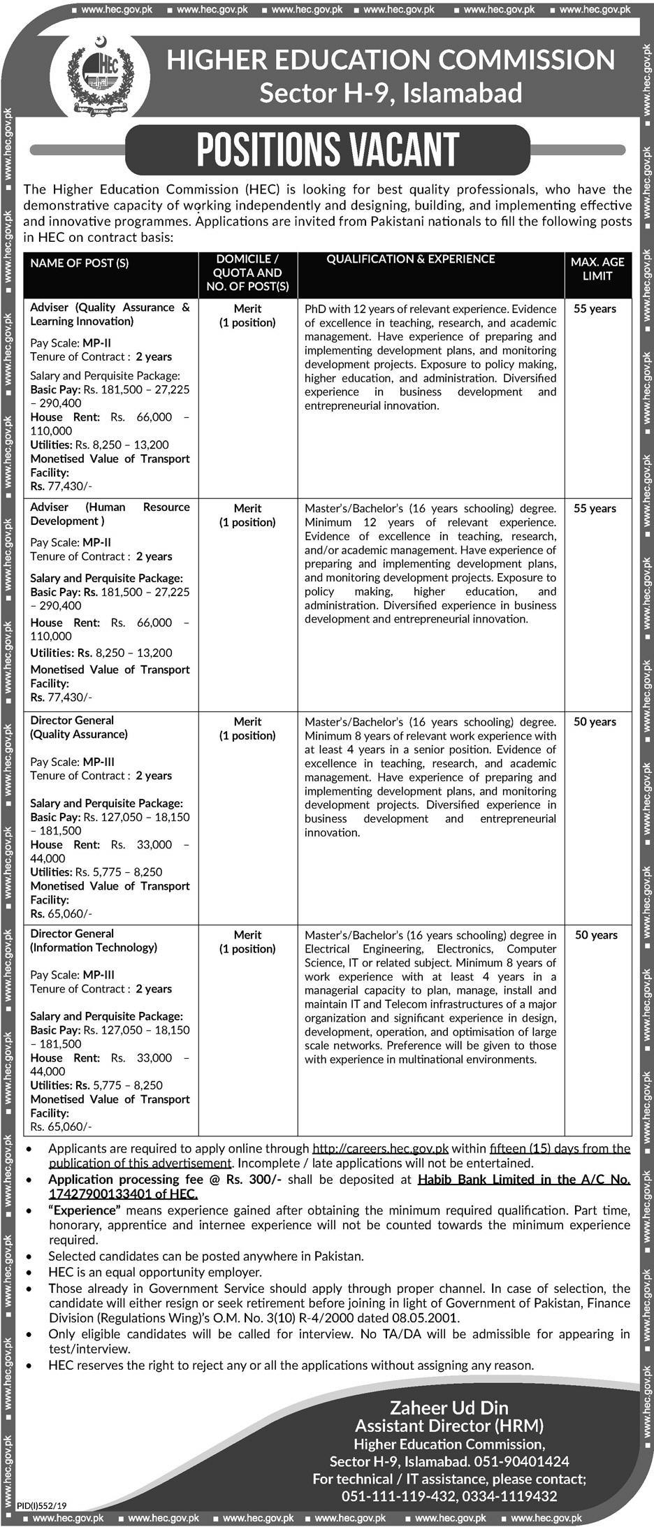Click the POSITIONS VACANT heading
tap(327, 150)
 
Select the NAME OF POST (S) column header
tap(80, 263)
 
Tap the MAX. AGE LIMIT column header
tap(597, 268)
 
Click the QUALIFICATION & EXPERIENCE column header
tap(411, 259)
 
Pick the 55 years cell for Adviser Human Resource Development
tap(595, 509)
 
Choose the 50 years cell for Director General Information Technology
tap(595, 935)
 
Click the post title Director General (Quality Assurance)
tap(79, 728)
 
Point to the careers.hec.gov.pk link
tap(380, 1148)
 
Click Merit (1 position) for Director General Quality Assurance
tap(248, 728)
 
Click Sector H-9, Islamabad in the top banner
tap(391, 93)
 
